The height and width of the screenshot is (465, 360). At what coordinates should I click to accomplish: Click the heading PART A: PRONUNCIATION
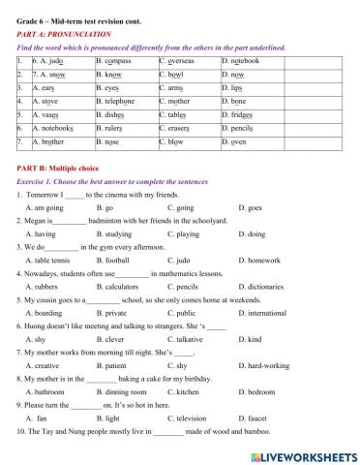click(64, 33)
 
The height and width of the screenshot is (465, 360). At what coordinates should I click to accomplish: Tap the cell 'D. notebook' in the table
click(240, 60)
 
